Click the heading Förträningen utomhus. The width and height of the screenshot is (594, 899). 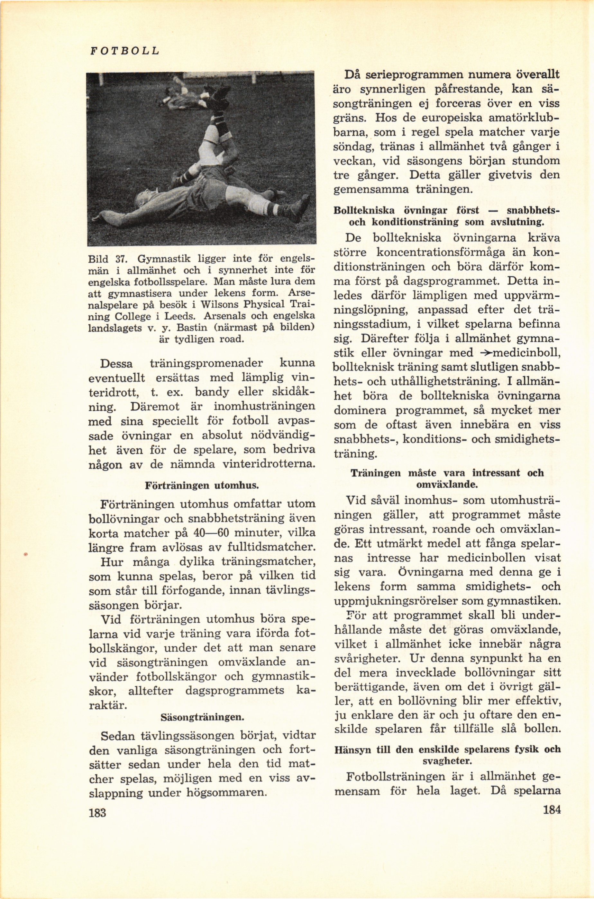[x=202, y=485]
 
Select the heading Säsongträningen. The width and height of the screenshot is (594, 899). [x=202, y=717]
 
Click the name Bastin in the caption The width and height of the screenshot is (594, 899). [x=191, y=327]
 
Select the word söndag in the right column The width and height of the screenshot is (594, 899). [x=350, y=147]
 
